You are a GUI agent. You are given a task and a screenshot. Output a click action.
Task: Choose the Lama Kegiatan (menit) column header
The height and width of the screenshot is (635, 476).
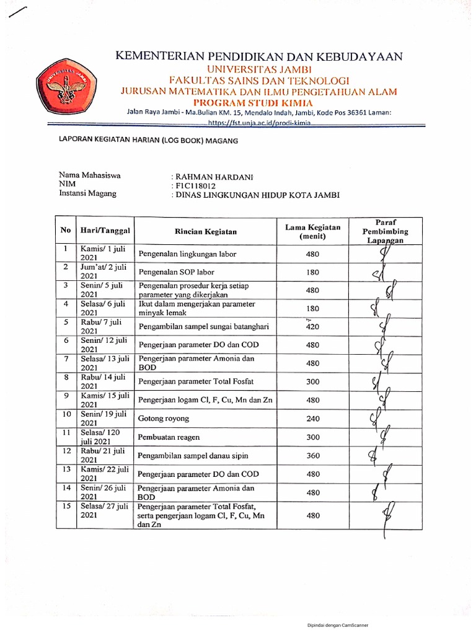point(312,231)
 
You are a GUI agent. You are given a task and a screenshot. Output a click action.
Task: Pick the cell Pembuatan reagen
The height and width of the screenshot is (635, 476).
point(169,437)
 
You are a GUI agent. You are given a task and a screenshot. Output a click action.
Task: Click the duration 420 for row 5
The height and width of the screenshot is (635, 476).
point(313,327)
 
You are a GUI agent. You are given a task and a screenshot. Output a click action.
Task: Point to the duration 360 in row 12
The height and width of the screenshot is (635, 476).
point(313,456)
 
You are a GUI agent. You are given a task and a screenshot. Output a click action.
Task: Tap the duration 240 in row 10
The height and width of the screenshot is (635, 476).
point(313,419)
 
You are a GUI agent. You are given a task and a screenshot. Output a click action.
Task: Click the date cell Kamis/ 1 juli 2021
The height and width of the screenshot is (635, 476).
point(104,254)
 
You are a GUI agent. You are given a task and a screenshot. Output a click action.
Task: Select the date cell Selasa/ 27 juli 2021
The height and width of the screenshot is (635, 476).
point(104,511)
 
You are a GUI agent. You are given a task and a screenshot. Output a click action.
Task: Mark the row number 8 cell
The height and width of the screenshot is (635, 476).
point(65,377)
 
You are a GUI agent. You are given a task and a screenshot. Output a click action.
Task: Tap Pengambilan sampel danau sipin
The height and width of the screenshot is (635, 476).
point(193,456)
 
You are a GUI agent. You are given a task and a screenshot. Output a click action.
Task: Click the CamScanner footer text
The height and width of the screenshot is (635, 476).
point(338,625)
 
